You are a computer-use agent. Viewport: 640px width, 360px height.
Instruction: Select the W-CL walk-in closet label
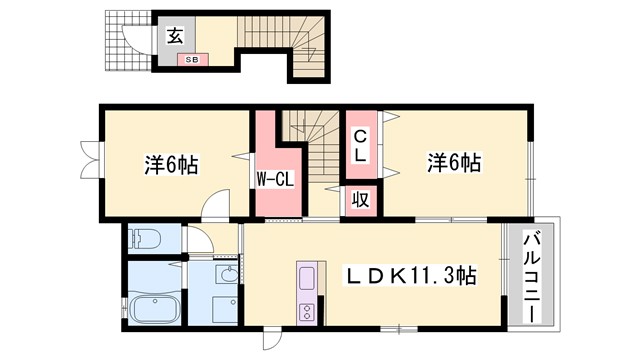[272, 180]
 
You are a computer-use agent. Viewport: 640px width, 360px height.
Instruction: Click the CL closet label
[360, 145]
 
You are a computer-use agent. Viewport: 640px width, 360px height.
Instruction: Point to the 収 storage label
[360, 199]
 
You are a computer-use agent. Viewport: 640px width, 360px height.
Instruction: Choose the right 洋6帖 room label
[455, 162]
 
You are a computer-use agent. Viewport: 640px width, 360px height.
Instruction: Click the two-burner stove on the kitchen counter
[307, 309]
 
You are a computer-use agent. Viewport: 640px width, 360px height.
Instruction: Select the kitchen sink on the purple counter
[307, 276]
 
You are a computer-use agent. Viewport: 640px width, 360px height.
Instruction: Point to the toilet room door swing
[197, 240]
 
